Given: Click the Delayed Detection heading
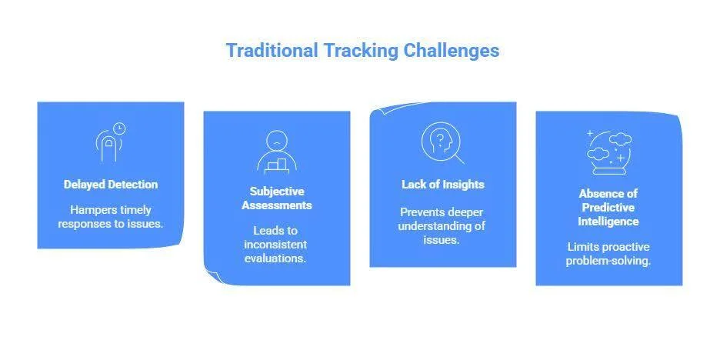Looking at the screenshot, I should click(111, 185).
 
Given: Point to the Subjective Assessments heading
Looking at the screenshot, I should click(277, 198).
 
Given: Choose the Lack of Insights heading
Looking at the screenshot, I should click(442, 185).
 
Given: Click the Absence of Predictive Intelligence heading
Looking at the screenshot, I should click(608, 208).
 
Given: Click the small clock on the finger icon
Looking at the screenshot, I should click(119, 128).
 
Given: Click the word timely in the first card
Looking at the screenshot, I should click(135, 210).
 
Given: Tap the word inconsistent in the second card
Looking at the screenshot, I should click(277, 245).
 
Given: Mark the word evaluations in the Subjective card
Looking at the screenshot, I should click(277, 258).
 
